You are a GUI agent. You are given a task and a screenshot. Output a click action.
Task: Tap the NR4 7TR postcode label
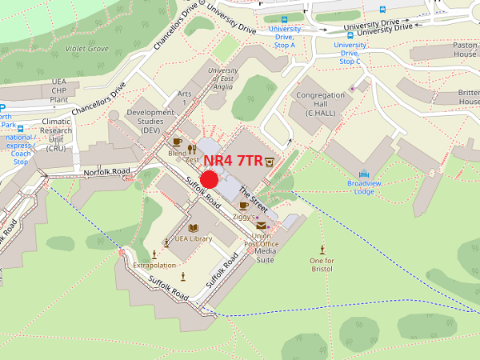pos(232,160)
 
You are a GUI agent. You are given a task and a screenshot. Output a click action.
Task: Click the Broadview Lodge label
pos(366,187)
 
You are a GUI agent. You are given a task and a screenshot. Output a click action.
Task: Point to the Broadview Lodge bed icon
pos(365,174)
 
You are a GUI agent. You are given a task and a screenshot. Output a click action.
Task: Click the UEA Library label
pos(193,238)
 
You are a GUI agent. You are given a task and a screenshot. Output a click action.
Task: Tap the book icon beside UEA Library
pos(166,239)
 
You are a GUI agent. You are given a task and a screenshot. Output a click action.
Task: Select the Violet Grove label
pos(87,48)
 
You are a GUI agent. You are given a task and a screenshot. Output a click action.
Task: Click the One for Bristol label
pos(322,265)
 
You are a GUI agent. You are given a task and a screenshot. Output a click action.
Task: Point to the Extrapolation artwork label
pos(154,265)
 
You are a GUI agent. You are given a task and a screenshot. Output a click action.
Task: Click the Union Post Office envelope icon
pos(261,225)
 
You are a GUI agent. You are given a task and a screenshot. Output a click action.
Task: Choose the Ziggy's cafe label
pos(243,217)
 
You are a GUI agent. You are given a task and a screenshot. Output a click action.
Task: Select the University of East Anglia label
pos(222,80)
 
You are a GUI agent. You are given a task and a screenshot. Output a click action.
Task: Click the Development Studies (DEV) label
pos(150,121)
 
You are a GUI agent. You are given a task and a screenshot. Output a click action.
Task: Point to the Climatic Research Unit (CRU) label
pos(56,134)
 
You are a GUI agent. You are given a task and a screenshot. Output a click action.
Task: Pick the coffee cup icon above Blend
pos(177,142)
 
